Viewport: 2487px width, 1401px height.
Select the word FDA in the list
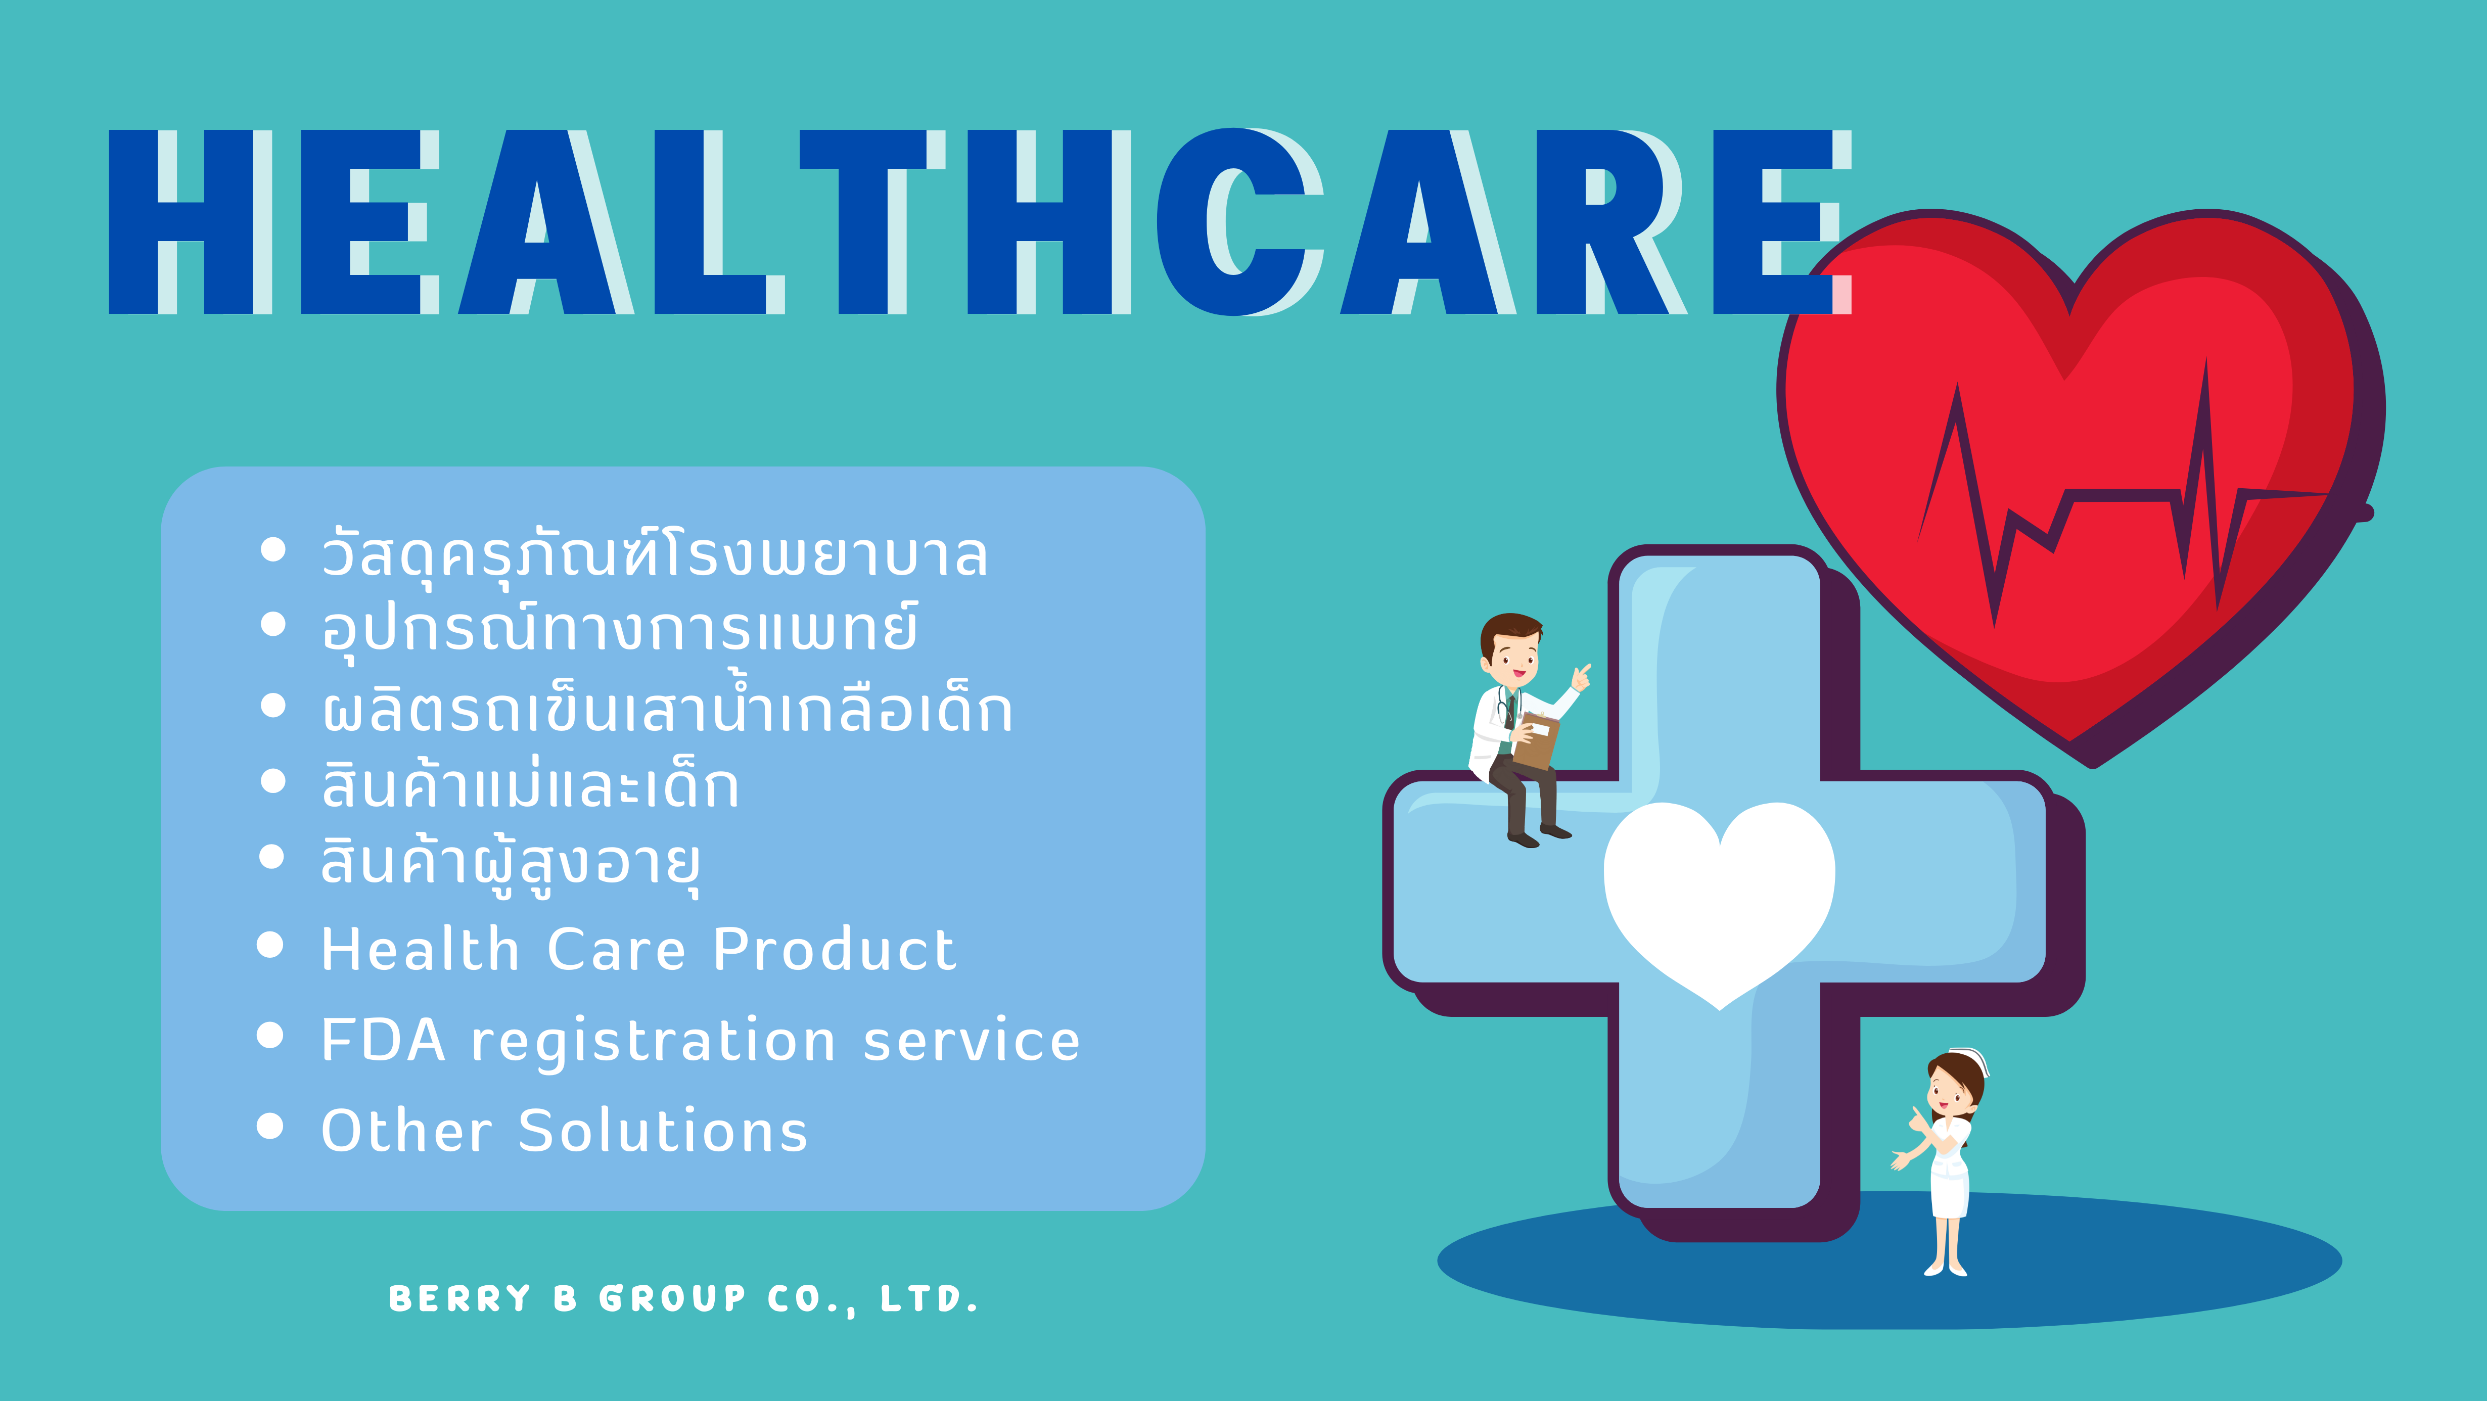click(383, 1040)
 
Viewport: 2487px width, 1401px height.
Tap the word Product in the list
click(834, 949)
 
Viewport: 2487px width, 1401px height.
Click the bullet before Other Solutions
click(271, 1126)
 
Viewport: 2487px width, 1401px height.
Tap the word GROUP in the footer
click(673, 1298)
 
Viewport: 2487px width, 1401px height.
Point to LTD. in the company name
click(929, 1298)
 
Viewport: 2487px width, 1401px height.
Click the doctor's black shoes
click(1540, 835)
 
